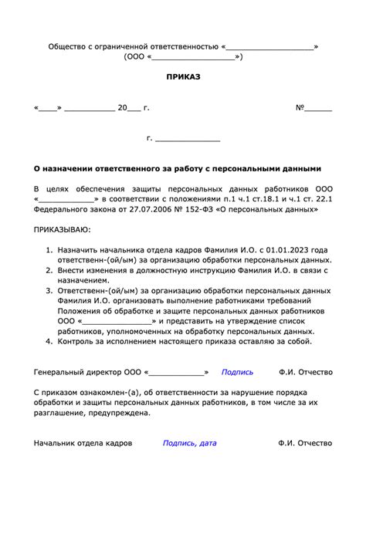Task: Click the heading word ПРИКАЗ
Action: tap(183, 78)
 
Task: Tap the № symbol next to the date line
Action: tap(301, 108)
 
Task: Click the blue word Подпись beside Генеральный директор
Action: tap(237, 372)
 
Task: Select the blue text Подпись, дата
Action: tap(189, 444)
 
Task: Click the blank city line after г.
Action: tap(188, 138)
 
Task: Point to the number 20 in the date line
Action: tap(122, 108)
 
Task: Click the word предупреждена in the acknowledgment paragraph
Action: tap(119, 413)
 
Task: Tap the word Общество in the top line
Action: tap(68, 47)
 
